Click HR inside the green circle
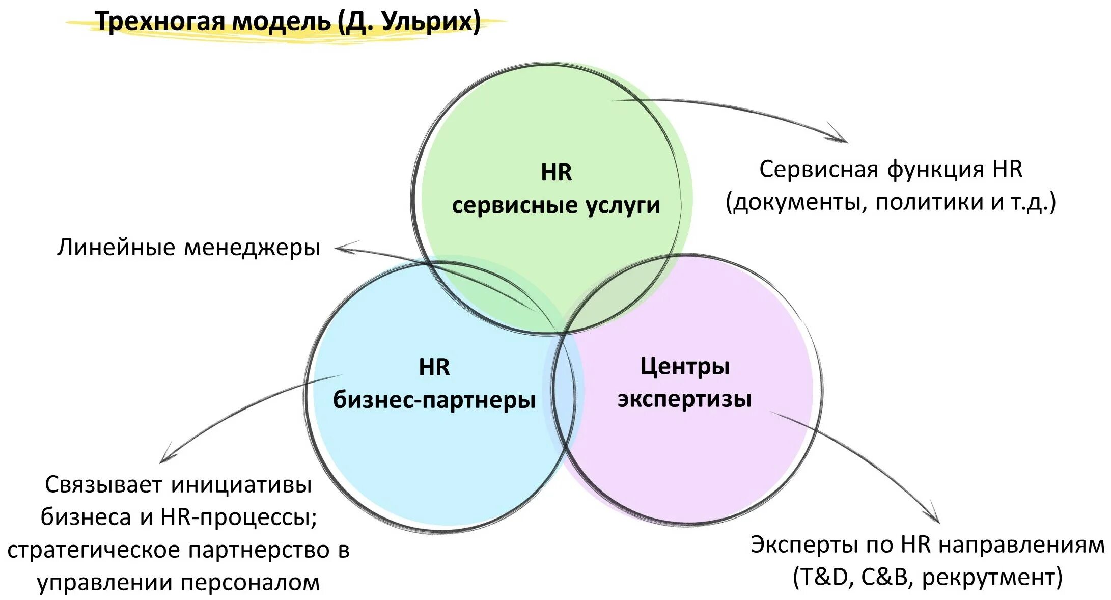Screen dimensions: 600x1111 pos(556,173)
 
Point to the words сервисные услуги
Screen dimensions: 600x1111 pos(556,205)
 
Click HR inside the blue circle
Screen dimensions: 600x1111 pos(434,367)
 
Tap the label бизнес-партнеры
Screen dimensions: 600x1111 pos(434,400)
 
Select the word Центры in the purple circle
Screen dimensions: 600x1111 pos(685,366)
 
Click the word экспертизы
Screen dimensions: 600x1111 pos(685,399)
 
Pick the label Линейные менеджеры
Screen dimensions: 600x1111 pos(188,248)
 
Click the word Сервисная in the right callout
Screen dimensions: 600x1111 pos(819,170)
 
